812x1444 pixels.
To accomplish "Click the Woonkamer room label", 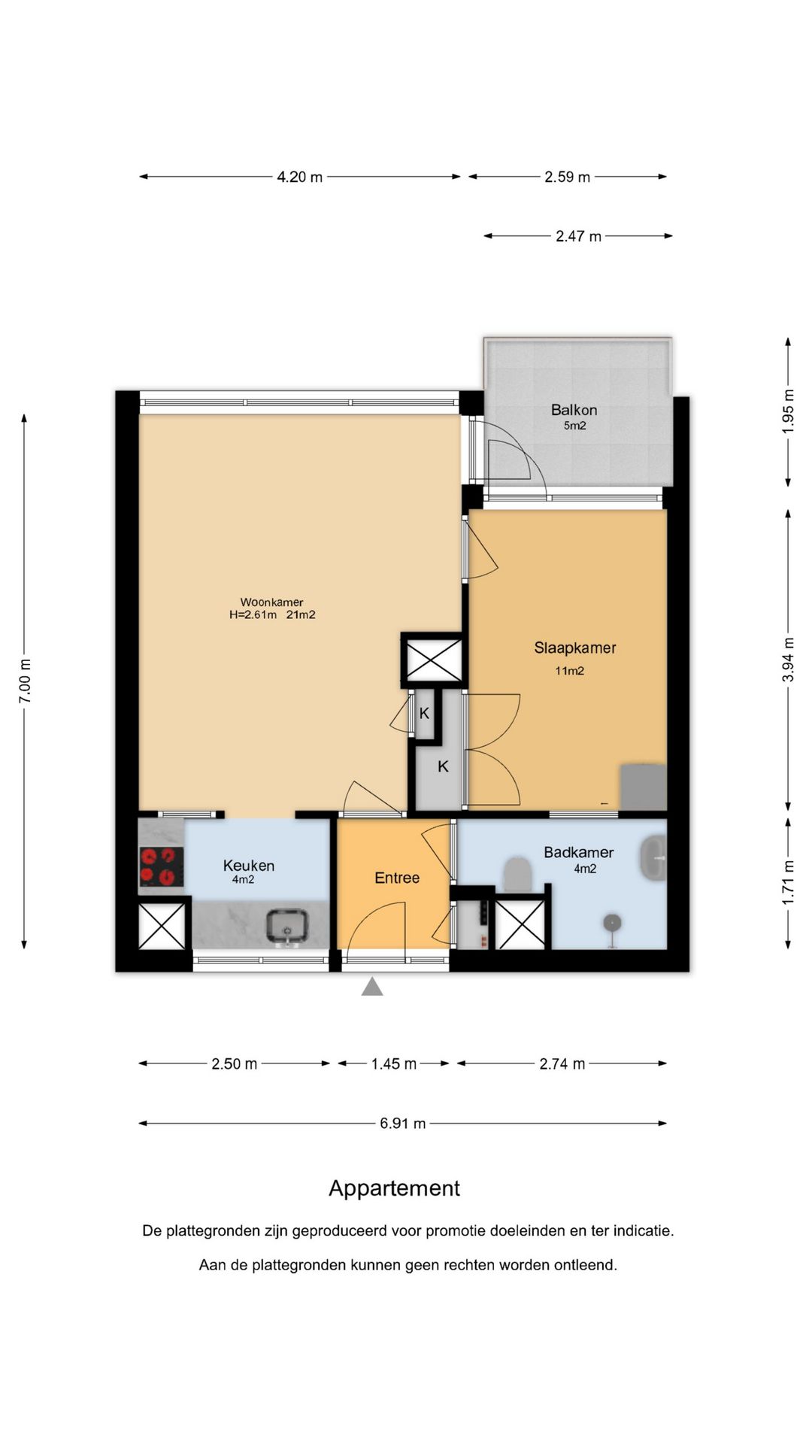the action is coord(272,602).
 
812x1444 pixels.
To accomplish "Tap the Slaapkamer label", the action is coord(575,648).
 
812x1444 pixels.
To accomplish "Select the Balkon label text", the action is coord(574,410).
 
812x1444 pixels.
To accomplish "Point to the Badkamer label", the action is coord(579,853).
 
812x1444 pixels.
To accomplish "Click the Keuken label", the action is coord(249,866).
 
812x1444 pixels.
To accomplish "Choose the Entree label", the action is coord(397,878).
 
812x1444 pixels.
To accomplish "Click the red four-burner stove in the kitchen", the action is coord(162,866).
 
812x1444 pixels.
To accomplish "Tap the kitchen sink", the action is coord(286,927).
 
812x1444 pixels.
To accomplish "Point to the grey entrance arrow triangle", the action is coord(372,987).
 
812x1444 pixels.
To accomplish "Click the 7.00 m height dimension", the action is coord(25,681).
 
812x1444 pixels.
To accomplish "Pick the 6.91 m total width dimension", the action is coord(403,1124).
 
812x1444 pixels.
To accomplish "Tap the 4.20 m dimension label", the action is coord(300,177).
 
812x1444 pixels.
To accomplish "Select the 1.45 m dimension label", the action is coord(394,1063).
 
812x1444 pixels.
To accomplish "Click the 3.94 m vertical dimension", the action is coord(788,660).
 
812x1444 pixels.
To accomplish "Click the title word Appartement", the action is coord(395,1188).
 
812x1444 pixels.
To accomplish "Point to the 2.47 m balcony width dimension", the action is coord(578,236).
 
